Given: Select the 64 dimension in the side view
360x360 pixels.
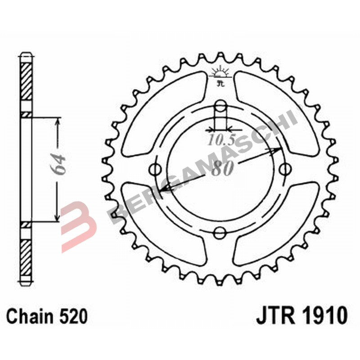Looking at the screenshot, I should click(58, 164).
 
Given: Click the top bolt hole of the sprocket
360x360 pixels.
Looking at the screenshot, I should click(220, 106).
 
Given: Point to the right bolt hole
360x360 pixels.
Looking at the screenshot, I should click(284, 170).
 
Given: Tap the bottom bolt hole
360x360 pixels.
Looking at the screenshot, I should click(220, 233).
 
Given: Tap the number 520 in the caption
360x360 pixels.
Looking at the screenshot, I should click(72, 317).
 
